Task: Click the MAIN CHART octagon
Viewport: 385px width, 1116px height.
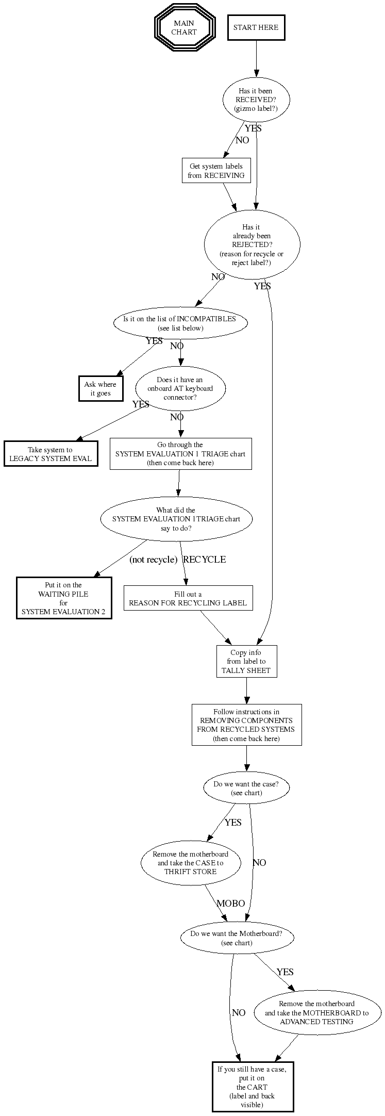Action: pos(184,28)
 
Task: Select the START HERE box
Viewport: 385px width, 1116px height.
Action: pos(256,28)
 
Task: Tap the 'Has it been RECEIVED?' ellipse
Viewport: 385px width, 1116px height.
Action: pos(256,100)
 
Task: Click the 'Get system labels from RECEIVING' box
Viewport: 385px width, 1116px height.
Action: pos(216,171)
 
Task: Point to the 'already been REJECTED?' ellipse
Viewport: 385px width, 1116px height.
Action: pos(252,245)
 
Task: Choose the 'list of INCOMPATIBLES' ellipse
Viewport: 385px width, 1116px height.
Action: pos(180,323)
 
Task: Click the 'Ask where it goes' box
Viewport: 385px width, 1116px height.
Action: pos(101,389)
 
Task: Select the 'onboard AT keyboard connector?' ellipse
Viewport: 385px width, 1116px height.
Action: pos(180,388)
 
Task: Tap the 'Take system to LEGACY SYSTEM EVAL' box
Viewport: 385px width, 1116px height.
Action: pos(51,454)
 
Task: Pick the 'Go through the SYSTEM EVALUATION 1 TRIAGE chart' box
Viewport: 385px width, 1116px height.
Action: pos(180,454)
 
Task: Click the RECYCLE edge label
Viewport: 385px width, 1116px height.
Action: pos(205,560)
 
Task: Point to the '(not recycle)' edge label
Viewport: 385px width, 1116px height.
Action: pos(153,560)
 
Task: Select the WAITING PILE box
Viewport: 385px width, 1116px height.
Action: pos(64,598)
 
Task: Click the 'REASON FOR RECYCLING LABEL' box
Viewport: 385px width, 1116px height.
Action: pos(188,598)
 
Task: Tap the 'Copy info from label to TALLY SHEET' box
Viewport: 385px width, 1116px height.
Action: pos(246,662)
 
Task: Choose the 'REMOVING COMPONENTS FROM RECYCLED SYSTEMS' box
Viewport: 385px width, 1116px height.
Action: pos(246,725)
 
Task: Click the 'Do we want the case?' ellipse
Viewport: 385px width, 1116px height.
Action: pos(246,788)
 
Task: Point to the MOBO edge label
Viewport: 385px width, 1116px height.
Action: pos(230,904)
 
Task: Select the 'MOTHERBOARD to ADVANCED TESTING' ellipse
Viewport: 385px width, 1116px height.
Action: pos(317,1012)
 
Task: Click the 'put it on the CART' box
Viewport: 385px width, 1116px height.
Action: pos(253,1087)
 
